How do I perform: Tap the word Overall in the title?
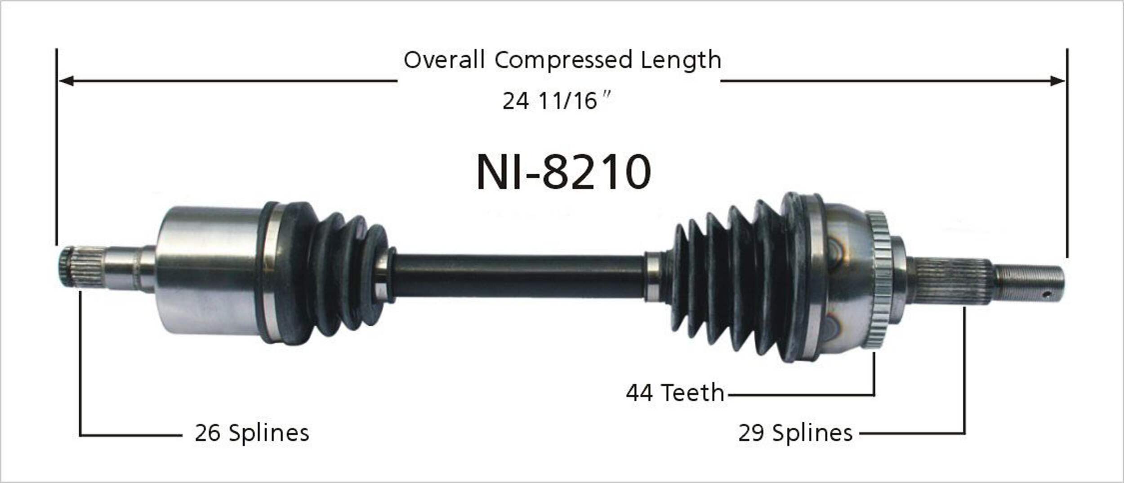444,60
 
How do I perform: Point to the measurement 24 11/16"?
557,100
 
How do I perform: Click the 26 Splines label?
252,433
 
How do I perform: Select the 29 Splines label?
795,433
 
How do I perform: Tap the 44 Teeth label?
675,393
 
